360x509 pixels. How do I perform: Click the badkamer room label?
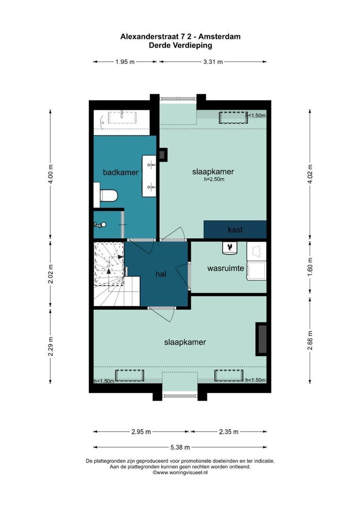121,172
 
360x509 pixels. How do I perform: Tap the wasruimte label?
225,269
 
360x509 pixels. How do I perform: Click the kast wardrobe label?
235,230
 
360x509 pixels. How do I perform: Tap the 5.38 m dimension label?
180,447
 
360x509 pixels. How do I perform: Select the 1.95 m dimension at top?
125,62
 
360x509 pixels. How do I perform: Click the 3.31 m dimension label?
213,62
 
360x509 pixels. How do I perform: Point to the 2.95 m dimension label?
141,432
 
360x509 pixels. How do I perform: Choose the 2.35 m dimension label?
229,432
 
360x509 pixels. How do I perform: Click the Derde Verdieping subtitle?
180,46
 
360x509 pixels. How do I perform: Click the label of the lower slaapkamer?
185,342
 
